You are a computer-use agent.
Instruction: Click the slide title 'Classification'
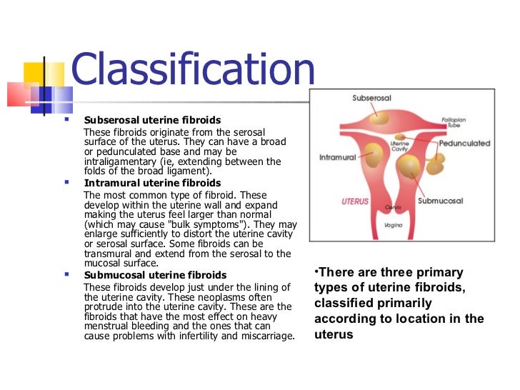pyautogui.click(x=193, y=72)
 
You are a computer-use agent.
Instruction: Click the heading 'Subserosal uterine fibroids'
pyautogui.click(x=152, y=119)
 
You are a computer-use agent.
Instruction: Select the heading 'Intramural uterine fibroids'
pyautogui.click(x=152, y=183)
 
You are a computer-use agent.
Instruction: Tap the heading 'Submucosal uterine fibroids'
pyautogui.click(x=155, y=274)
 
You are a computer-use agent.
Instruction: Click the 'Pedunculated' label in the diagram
pyautogui.click(x=464, y=144)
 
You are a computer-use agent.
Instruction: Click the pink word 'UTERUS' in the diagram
pyautogui.click(x=356, y=201)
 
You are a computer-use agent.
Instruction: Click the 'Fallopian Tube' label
pyautogui.click(x=453, y=121)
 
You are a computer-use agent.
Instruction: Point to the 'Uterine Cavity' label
pyautogui.click(x=399, y=146)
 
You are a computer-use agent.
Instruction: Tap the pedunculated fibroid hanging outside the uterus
pyautogui.click(x=435, y=164)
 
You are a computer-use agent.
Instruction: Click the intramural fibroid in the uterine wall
pyautogui.click(x=373, y=151)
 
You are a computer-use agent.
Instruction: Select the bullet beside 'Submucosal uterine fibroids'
pyautogui.click(x=66, y=274)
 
